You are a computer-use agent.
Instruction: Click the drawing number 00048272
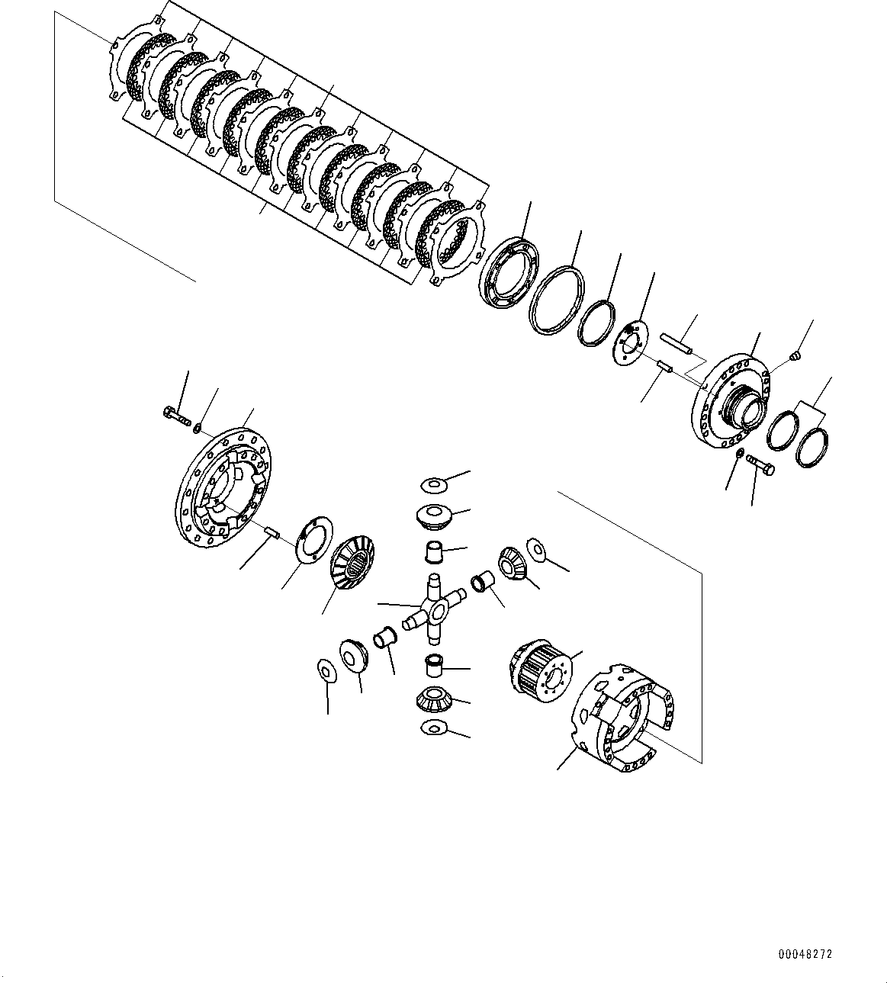(x=805, y=954)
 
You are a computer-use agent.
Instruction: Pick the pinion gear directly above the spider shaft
(x=435, y=516)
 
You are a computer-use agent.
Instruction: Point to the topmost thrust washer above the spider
(x=434, y=483)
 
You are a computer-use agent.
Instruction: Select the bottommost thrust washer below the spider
(x=432, y=728)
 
